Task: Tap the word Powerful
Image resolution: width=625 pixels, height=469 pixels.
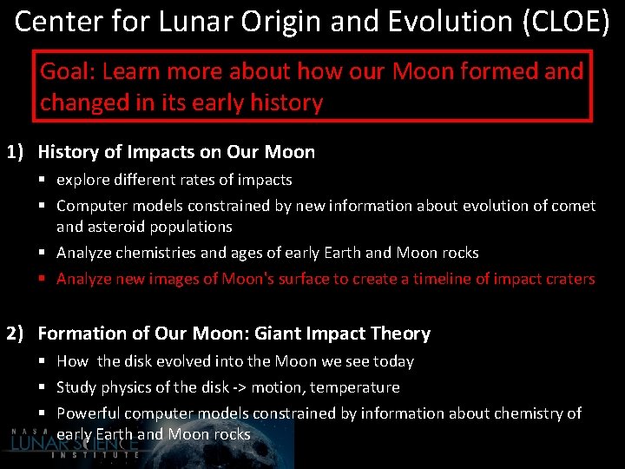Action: [x=88, y=413]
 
